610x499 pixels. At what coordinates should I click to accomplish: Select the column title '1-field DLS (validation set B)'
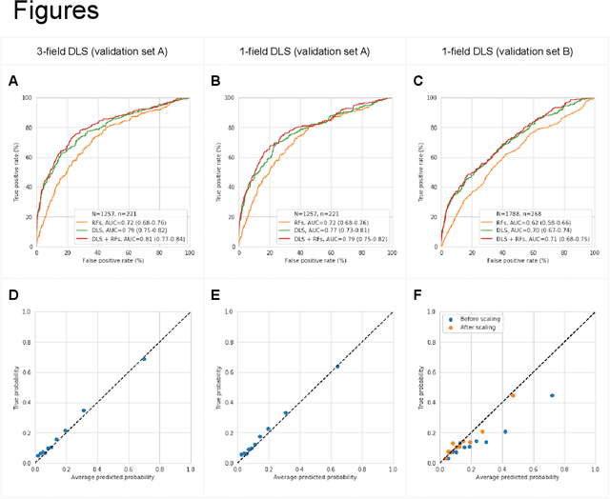click(x=506, y=51)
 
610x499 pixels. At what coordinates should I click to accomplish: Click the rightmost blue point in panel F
click(x=552, y=395)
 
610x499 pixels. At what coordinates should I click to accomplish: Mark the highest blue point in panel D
click(x=144, y=359)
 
